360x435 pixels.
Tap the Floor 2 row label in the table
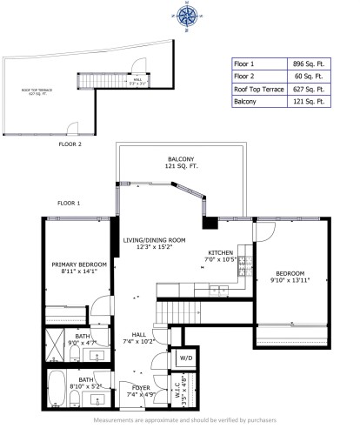(250, 77)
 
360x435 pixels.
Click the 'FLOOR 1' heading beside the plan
(69, 202)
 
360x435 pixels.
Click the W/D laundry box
(186, 358)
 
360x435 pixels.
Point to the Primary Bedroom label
(78, 268)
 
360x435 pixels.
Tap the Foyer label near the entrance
(141, 387)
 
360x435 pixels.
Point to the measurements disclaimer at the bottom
(180, 420)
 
